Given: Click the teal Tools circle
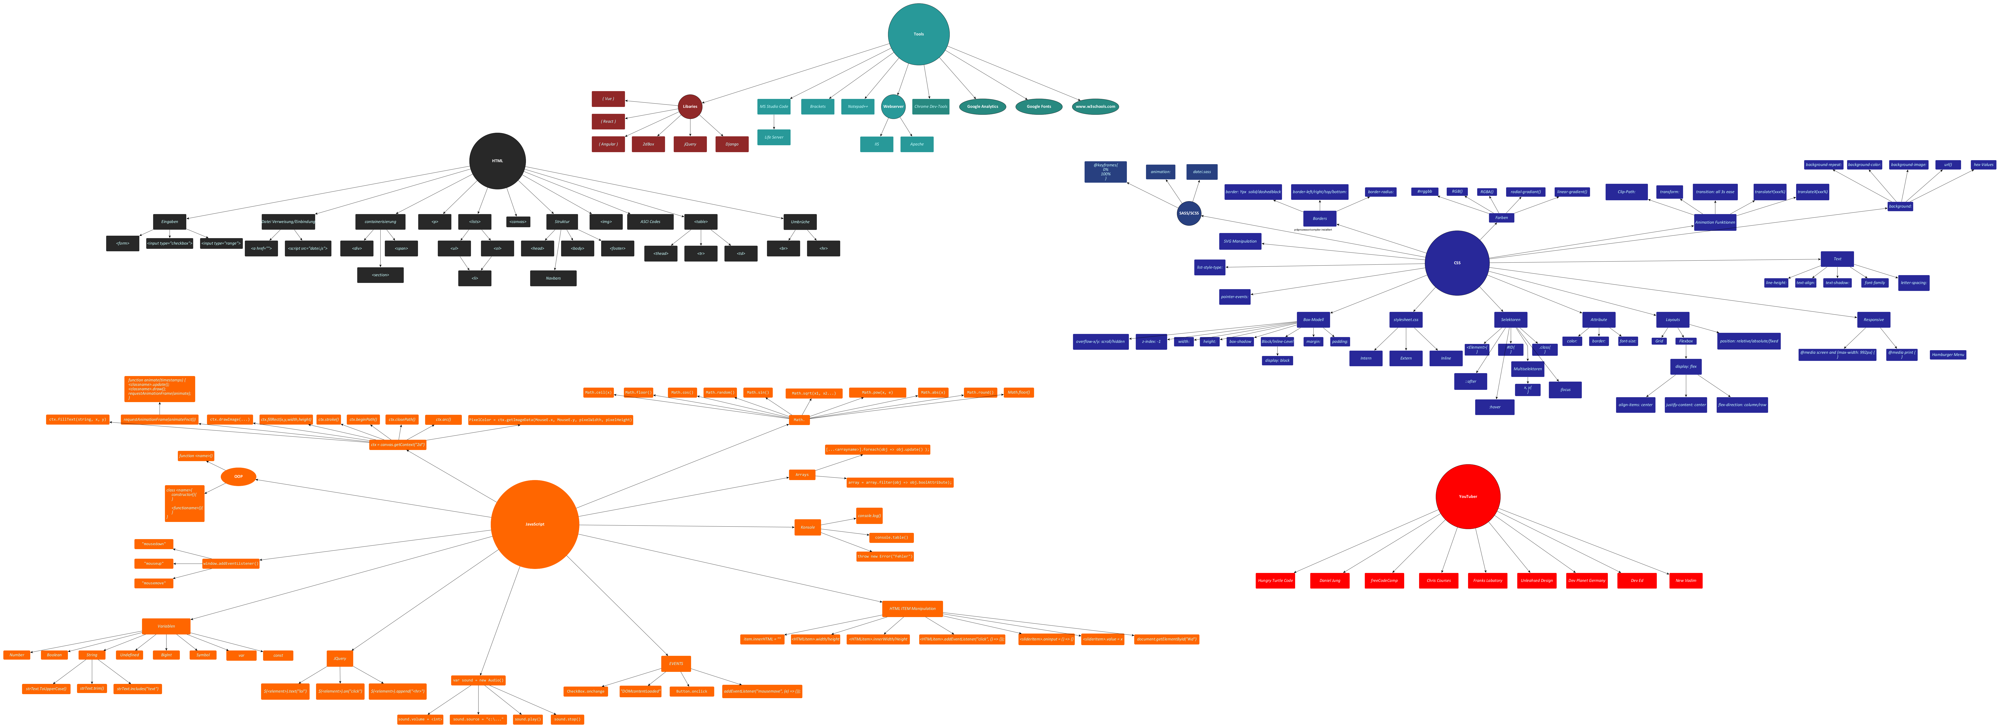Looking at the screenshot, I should point(919,34).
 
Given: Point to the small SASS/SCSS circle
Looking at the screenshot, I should point(1189,213).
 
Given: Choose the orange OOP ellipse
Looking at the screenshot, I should point(238,476).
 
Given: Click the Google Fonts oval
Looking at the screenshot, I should point(1039,106).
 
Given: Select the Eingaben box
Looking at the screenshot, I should point(169,221).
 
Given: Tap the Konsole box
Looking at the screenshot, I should point(807,528).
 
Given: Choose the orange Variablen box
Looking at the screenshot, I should point(166,626).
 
